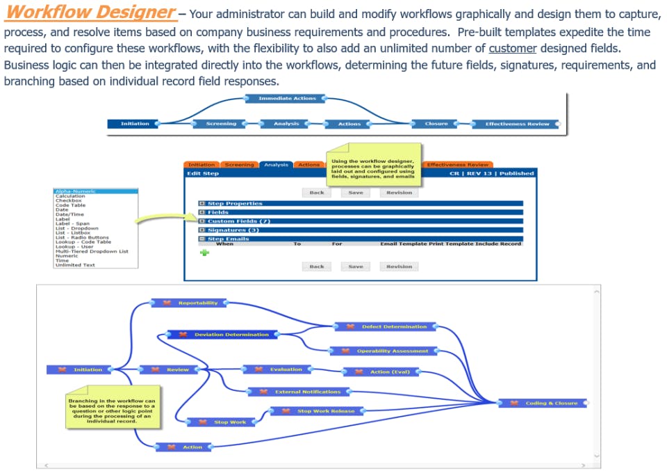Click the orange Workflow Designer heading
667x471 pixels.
click(90, 13)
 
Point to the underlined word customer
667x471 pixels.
click(513, 48)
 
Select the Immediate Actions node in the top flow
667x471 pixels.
click(287, 99)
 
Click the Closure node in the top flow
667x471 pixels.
click(436, 124)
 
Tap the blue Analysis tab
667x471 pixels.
click(276, 165)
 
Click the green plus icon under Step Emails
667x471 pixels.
click(205, 253)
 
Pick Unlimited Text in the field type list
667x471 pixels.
click(75, 265)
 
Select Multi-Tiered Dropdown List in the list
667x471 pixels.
click(92, 251)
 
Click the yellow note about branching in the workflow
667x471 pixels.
click(111, 411)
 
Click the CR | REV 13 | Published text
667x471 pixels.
click(491, 173)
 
